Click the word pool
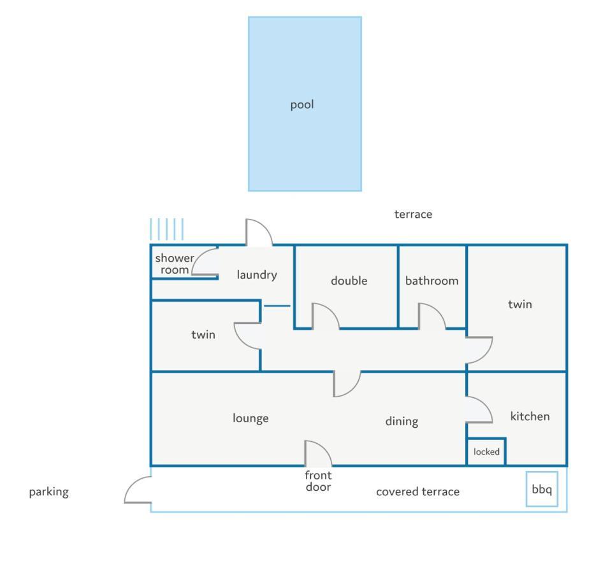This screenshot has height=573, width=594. tap(302, 105)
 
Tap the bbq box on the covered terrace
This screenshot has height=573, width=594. tap(542, 489)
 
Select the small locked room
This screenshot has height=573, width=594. tap(486, 451)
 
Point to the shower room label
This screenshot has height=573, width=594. tap(174, 264)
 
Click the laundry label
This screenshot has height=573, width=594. tap(257, 275)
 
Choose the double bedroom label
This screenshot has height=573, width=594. tap(349, 281)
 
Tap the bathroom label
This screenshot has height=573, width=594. tap(432, 281)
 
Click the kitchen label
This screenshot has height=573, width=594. tap(530, 416)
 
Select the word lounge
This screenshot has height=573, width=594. tap(250, 418)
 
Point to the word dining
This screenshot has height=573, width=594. tap(402, 421)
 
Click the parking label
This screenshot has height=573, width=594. tap(49, 492)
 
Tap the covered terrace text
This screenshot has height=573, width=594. tap(418, 492)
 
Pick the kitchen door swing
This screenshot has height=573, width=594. tap(488, 406)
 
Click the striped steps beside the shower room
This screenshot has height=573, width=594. tap(167, 229)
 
